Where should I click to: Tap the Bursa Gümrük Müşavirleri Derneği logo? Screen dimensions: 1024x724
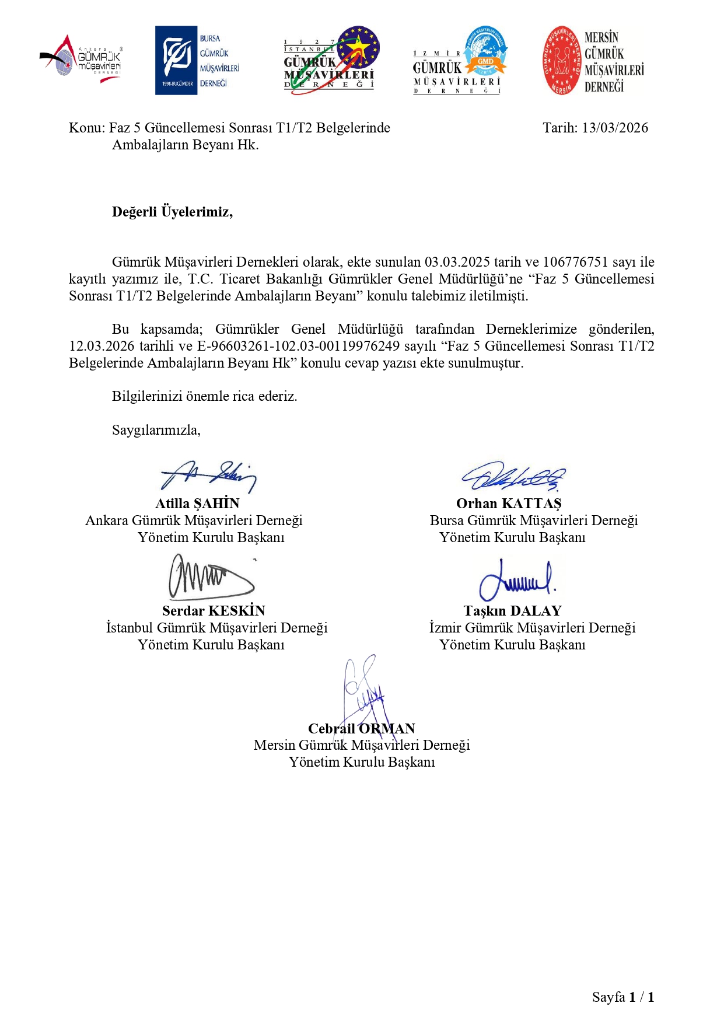[x=197, y=60]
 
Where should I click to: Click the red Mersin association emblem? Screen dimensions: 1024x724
[x=562, y=60]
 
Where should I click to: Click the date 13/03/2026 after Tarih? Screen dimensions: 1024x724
[x=615, y=128]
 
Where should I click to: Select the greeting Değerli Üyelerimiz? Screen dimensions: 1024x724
[x=172, y=212]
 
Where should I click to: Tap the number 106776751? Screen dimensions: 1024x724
[x=575, y=262]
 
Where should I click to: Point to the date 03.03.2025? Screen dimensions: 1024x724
[x=457, y=262]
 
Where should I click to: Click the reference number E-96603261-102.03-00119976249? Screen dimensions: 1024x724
[x=299, y=346]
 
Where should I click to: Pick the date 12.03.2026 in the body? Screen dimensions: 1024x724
[x=102, y=346]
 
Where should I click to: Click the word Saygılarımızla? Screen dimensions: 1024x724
[x=156, y=430]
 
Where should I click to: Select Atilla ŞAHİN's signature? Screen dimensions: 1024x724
[x=208, y=475]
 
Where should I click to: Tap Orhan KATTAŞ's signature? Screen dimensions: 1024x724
[x=513, y=477]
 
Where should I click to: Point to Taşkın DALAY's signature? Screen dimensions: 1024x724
[x=516, y=579]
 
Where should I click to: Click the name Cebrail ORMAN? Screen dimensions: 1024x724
[x=361, y=729]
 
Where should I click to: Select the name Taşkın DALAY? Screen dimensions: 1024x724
[x=512, y=611]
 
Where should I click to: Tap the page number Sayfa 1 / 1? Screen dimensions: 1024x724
[x=622, y=997]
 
